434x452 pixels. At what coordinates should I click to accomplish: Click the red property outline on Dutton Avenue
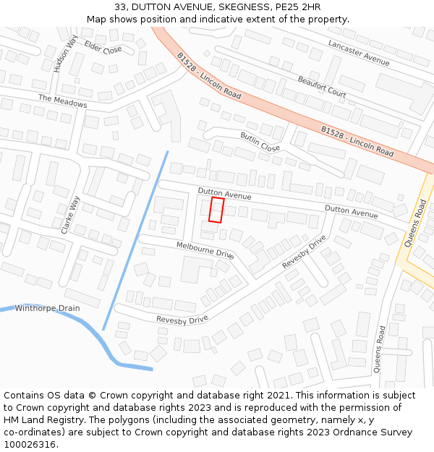[x=216, y=210]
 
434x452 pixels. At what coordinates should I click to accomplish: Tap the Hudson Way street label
[x=65, y=54]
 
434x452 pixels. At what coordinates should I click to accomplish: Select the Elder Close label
[x=103, y=48]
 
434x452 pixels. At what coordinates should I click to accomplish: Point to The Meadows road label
[x=62, y=101]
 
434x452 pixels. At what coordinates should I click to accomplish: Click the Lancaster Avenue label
[x=359, y=54]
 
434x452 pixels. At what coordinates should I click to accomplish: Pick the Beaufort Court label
[x=321, y=85]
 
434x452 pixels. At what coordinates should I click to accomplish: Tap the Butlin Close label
[x=260, y=142]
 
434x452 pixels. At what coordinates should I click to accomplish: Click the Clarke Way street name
[x=69, y=215]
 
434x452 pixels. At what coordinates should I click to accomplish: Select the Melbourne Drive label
[x=205, y=251]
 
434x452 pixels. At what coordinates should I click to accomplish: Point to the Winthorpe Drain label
[x=47, y=308]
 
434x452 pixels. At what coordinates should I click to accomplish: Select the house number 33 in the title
[x=121, y=7]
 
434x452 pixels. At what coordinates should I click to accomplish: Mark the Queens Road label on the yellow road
[x=417, y=224]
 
